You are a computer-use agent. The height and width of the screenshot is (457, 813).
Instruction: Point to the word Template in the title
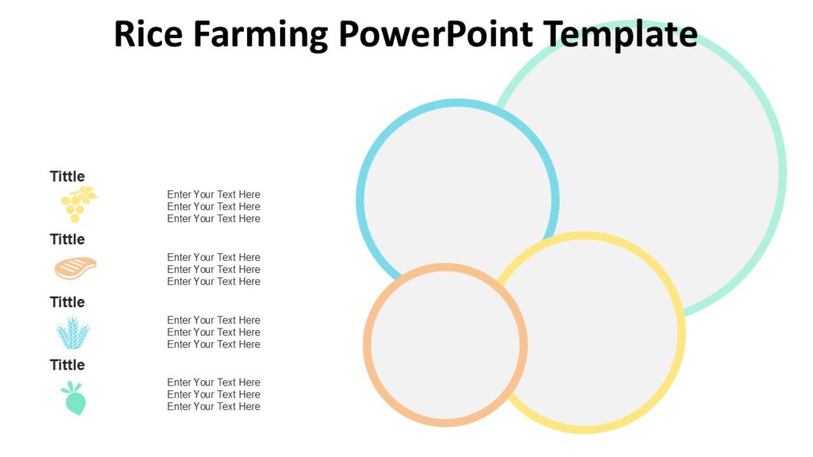[621, 36]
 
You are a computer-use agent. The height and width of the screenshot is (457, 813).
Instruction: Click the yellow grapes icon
[77, 204]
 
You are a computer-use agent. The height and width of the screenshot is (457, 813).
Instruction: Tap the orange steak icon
[75, 268]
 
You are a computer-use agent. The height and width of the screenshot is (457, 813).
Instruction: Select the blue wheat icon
[73, 332]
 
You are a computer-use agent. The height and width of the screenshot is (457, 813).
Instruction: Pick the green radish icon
[75, 398]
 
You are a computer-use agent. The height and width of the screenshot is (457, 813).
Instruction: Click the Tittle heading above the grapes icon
[67, 176]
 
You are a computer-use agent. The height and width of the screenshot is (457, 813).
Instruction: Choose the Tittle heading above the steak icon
[67, 239]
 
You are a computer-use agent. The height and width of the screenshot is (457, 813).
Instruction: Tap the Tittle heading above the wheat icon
[67, 301]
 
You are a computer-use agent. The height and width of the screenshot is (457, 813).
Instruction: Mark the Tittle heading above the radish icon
[67, 364]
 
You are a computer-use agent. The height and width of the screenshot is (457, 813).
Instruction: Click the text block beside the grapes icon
[214, 206]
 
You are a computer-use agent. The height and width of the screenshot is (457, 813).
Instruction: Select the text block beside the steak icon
[214, 269]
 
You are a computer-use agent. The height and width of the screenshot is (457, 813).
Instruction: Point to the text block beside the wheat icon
[214, 332]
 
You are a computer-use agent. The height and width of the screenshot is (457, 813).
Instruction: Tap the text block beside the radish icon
[214, 394]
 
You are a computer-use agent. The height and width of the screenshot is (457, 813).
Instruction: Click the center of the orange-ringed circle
[445, 345]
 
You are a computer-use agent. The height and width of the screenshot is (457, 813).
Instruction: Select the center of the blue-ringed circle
[458, 199]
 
